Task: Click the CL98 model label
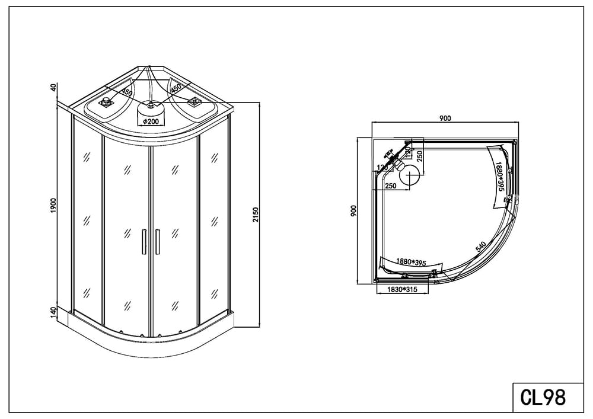coord(543,397)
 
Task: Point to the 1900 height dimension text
coord(54,206)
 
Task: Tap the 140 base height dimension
coord(54,312)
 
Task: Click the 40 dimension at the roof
coord(54,87)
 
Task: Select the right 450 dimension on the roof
coord(176,88)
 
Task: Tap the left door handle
coord(144,241)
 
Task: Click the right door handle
coord(158,241)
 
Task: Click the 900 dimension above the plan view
coord(445,118)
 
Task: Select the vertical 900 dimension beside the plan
coord(353,210)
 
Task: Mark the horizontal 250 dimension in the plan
coord(391,185)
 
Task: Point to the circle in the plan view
coord(409,174)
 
